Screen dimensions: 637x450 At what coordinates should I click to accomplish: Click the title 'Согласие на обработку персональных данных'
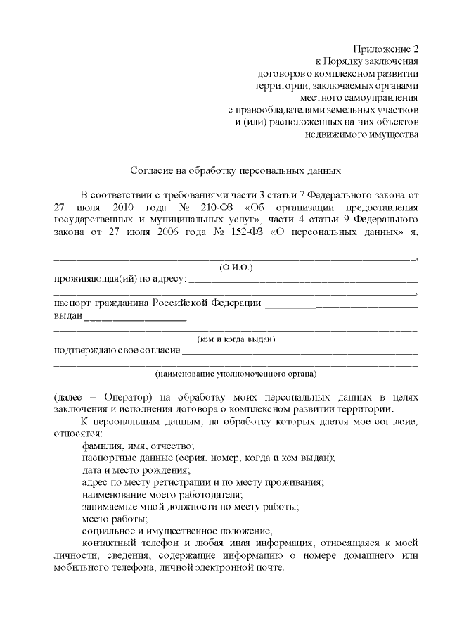236,171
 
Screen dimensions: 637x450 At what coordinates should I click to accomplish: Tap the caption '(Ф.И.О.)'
236,267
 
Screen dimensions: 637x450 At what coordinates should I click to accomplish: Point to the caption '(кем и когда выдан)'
236,339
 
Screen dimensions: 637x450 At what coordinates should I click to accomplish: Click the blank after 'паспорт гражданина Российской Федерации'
342,304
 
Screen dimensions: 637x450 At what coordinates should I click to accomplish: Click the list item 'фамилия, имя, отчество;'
138,446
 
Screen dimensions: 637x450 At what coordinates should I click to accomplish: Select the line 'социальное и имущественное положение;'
177,530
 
